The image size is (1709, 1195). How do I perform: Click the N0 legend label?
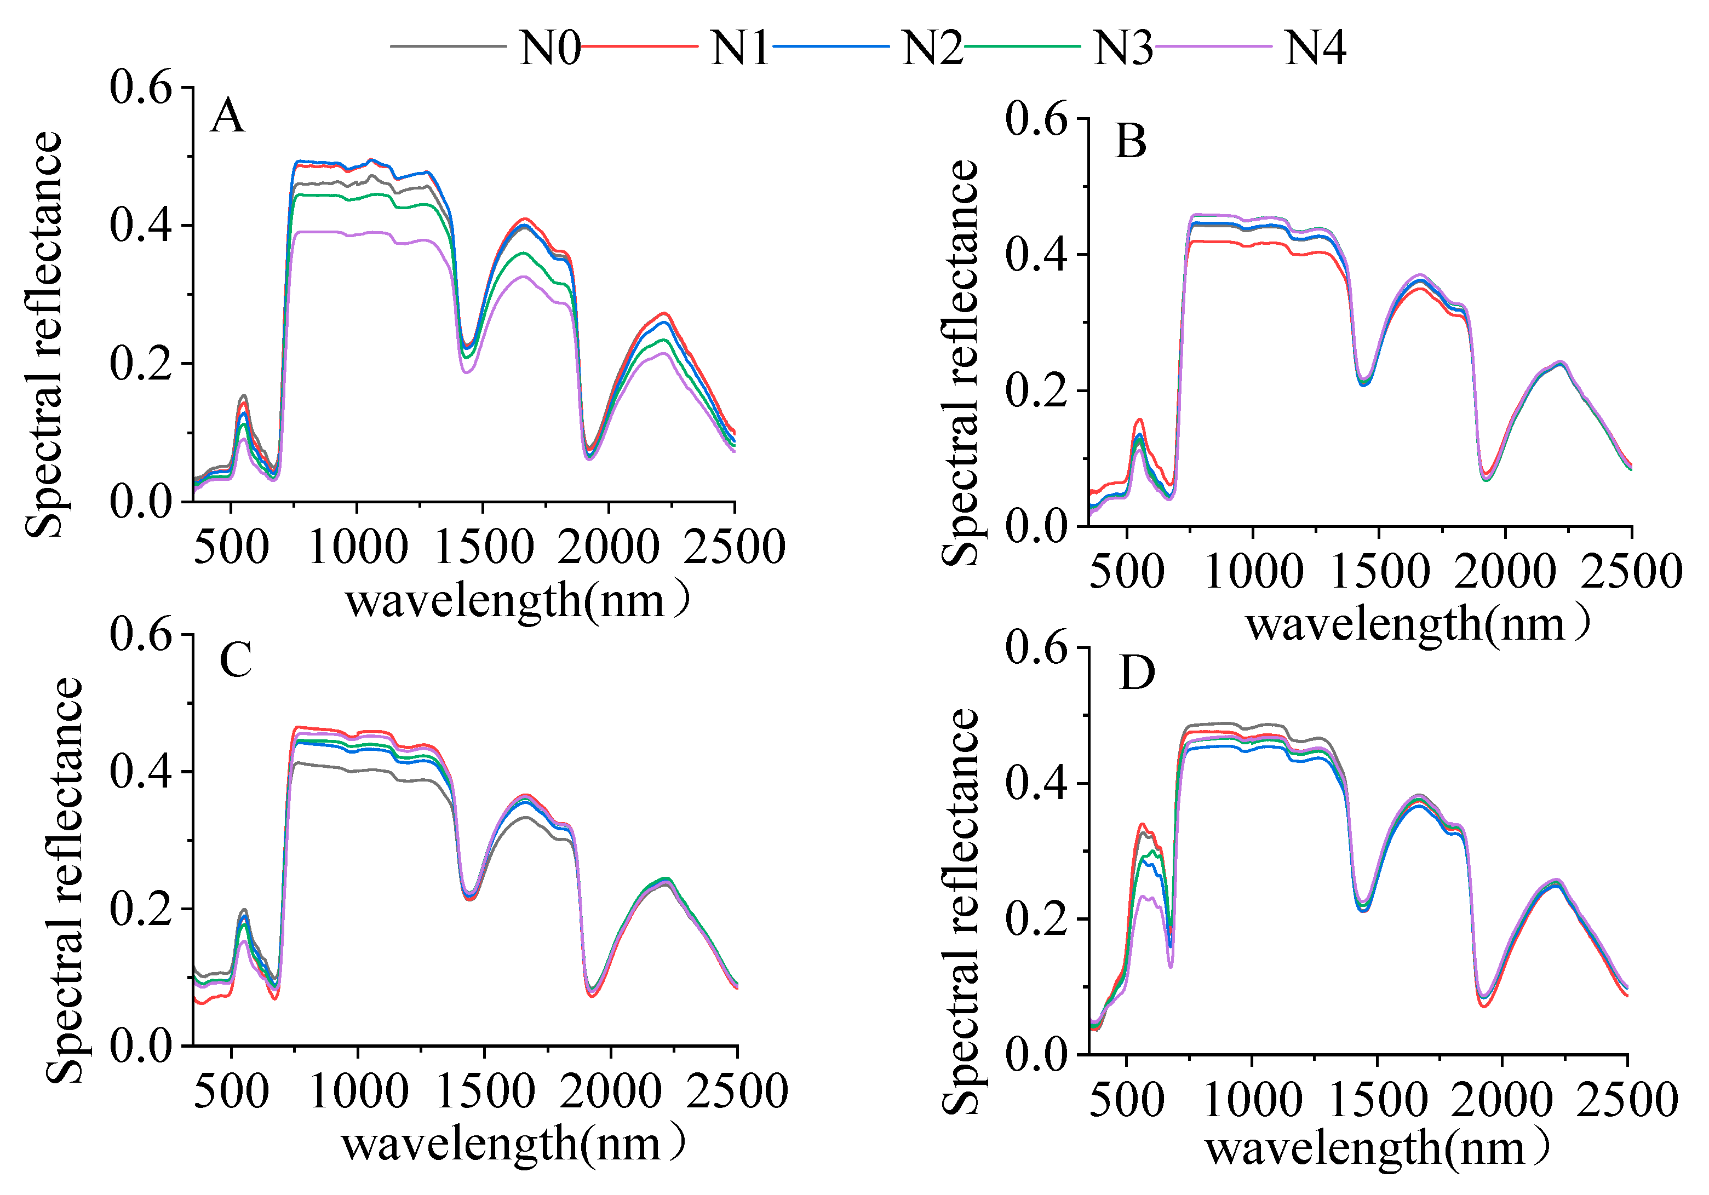pyautogui.click(x=549, y=49)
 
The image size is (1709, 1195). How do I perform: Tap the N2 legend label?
pyautogui.click(x=932, y=49)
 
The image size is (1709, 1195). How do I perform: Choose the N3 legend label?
pyautogui.click(x=1122, y=49)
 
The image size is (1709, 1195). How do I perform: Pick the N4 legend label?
pyautogui.click(x=1315, y=49)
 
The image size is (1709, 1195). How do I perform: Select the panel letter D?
pyautogui.click(x=1137, y=674)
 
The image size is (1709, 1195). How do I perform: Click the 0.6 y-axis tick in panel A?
pyautogui.click(x=141, y=88)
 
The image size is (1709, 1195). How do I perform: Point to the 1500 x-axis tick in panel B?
pyautogui.click(x=1379, y=572)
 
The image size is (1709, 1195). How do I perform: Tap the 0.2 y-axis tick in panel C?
pyautogui.click(x=141, y=909)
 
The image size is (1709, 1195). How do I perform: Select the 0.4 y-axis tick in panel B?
pyautogui.click(x=1036, y=255)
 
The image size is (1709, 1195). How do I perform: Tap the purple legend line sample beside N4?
pyautogui.click(x=1213, y=46)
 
